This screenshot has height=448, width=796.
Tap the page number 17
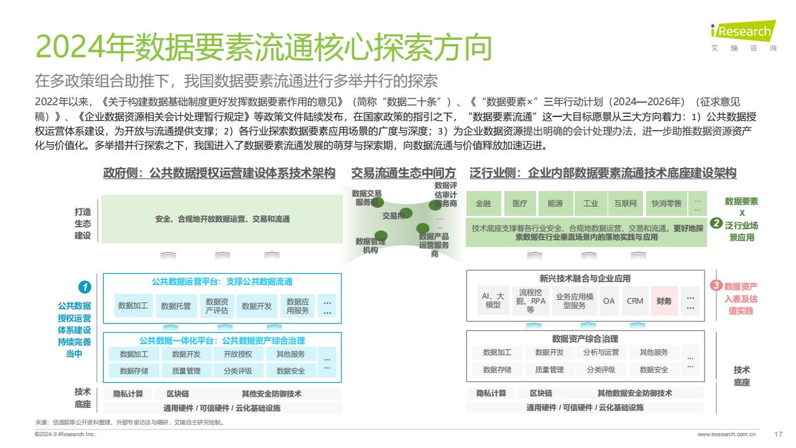click(x=778, y=434)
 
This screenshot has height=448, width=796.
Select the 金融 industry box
click(x=483, y=203)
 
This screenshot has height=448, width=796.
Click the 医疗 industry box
click(x=519, y=203)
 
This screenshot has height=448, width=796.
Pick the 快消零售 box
click(x=666, y=203)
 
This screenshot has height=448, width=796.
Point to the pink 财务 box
click(x=664, y=301)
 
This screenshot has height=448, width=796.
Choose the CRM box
click(x=635, y=301)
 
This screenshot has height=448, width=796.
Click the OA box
click(x=609, y=301)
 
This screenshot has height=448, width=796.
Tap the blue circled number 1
click(x=85, y=287)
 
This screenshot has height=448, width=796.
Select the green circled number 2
click(x=716, y=223)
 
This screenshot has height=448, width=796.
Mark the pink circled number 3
click(x=716, y=285)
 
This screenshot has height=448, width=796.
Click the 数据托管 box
click(x=176, y=306)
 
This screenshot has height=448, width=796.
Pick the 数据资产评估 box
click(x=217, y=306)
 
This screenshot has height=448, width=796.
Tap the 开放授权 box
click(x=238, y=354)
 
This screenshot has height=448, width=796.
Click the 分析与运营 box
click(x=601, y=352)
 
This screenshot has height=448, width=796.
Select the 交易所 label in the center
click(x=394, y=215)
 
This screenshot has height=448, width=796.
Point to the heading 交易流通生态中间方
click(x=404, y=173)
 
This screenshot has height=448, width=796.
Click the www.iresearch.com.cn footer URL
click(x=727, y=434)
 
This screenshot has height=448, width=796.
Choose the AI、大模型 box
click(x=493, y=301)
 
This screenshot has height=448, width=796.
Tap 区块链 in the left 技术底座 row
click(x=178, y=394)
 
